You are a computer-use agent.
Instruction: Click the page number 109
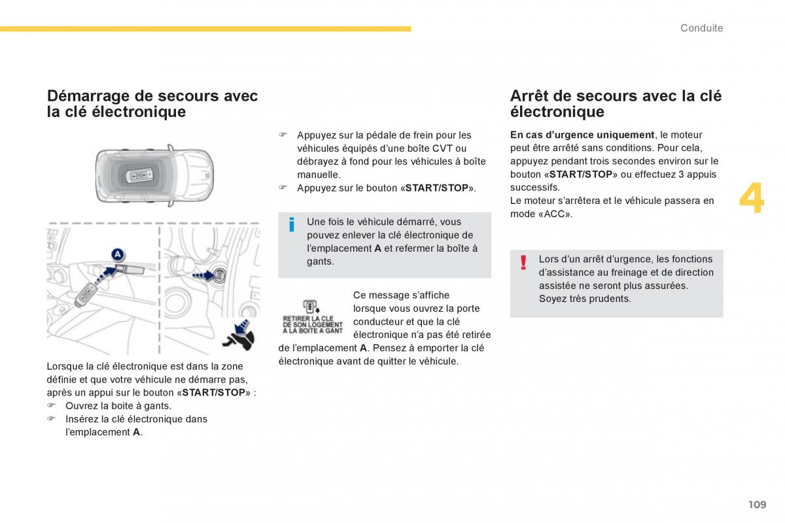point(757,504)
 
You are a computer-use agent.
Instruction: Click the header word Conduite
point(701,28)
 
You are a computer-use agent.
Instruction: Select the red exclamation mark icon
point(523,263)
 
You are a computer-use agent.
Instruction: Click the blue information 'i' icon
point(292,225)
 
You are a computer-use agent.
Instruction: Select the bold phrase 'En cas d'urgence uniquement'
point(582,135)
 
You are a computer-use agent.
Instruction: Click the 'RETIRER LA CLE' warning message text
point(312,324)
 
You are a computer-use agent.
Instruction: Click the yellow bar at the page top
point(205,29)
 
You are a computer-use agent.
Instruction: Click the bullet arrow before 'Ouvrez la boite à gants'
point(50,405)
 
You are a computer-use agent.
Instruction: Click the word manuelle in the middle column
point(319,175)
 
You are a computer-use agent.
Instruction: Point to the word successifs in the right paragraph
point(534,188)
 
